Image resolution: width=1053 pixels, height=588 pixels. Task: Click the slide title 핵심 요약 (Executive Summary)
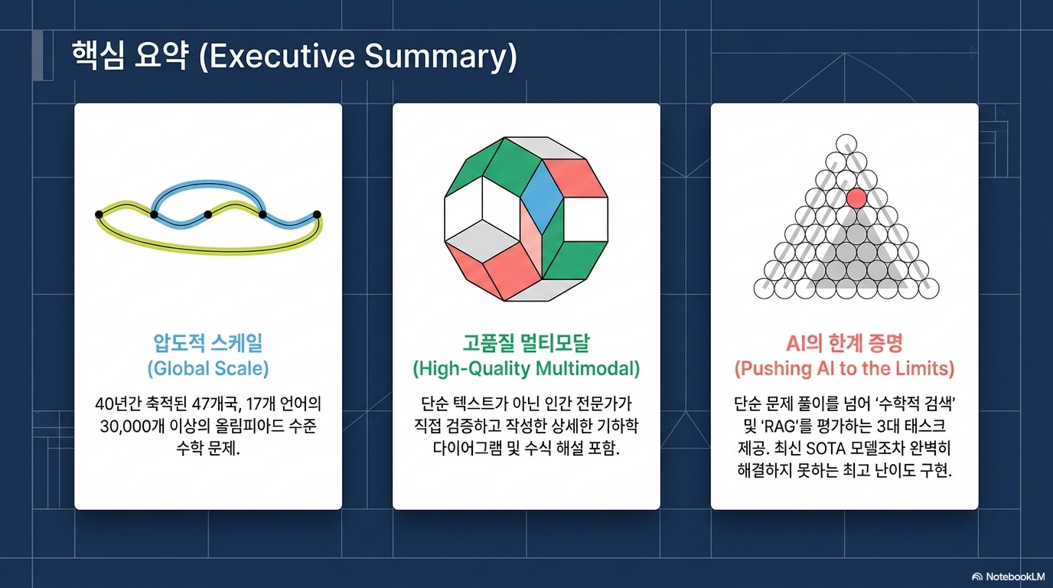point(295,57)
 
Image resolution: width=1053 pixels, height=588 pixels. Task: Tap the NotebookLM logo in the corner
point(1008,577)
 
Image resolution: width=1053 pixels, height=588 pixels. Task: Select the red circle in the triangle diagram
point(856,198)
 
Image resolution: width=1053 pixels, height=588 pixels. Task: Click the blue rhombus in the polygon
point(543,197)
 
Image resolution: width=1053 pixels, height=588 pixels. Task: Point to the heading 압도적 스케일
point(208,343)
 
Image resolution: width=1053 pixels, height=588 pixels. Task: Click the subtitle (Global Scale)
point(208,368)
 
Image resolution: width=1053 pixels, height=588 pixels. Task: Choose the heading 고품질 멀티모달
point(526,343)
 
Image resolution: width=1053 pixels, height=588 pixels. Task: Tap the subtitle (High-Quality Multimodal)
point(526,368)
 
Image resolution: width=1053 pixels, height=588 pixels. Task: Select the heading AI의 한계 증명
point(844,343)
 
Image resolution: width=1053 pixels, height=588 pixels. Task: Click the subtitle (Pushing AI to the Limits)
point(844,368)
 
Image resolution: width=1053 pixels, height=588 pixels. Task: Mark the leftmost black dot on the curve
point(99,214)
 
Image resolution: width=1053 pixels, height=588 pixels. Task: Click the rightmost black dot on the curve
point(317,214)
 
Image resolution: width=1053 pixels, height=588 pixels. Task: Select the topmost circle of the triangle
point(846,145)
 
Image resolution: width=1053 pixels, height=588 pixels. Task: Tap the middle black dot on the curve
point(208,214)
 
